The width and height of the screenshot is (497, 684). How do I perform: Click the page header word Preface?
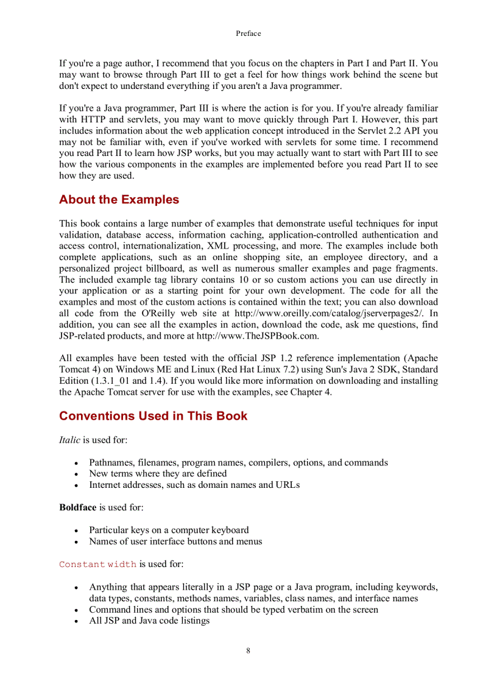(248, 33)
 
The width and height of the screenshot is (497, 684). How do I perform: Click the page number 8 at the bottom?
(248, 651)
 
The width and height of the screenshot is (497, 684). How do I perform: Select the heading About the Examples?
(119, 200)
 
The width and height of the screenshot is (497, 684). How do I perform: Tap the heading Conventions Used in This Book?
(153, 416)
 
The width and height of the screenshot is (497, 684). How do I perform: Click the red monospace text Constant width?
(97, 565)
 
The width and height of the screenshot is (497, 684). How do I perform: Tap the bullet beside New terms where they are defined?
(76, 474)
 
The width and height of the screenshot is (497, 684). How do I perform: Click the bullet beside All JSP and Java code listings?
(76, 621)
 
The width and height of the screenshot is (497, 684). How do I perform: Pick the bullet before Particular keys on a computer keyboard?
(76, 531)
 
